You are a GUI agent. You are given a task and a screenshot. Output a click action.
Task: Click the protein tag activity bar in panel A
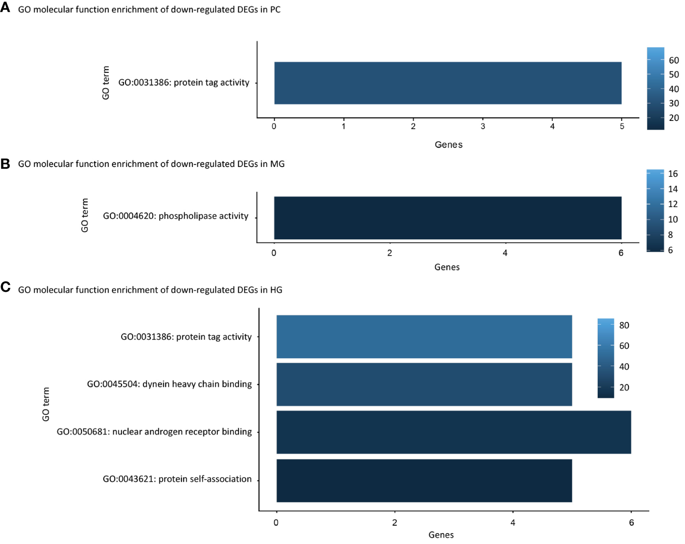point(447,83)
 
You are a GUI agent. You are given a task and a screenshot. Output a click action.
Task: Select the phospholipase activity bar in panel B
point(447,218)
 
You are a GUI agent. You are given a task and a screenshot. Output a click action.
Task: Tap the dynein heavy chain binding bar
point(424,384)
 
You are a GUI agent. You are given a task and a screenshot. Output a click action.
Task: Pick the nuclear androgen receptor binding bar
point(453,432)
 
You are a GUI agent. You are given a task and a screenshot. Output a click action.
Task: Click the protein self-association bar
point(424,481)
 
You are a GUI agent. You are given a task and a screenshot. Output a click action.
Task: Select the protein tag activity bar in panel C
point(424,336)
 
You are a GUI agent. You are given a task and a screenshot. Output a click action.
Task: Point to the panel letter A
point(5,8)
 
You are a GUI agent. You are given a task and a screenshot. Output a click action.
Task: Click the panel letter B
point(5,163)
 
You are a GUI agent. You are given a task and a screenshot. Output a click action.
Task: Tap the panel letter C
point(5,287)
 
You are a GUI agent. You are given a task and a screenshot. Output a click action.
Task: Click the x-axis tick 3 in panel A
point(483,127)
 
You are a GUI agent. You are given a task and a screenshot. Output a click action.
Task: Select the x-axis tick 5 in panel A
point(622,127)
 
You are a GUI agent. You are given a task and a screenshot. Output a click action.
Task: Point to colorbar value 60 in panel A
point(674,60)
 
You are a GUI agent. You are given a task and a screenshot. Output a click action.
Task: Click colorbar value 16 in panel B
point(673,174)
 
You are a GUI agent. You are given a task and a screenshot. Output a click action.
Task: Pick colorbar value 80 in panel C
point(624,326)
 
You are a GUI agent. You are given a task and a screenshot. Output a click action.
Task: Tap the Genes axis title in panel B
point(447,268)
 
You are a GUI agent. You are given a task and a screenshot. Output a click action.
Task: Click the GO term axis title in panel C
point(46,404)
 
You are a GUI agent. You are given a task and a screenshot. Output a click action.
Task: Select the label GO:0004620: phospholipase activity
point(176,216)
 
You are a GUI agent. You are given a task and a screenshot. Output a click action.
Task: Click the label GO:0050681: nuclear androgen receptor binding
point(154,432)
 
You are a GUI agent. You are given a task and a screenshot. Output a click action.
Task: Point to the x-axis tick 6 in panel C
point(631,523)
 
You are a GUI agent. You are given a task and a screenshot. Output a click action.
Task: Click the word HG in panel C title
point(276,290)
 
